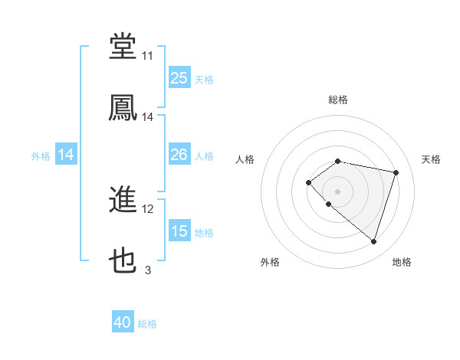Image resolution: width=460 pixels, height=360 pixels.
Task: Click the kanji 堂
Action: click(x=123, y=47)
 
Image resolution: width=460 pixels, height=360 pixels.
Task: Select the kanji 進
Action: click(x=123, y=201)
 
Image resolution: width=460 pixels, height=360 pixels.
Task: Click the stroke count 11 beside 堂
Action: click(x=147, y=56)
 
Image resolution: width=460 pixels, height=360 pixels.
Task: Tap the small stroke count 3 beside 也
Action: click(x=147, y=270)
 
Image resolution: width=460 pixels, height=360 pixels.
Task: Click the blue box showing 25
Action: click(x=179, y=77)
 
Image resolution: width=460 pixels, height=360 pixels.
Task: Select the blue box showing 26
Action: click(x=179, y=155)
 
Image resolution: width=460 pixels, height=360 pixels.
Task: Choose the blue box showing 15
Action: click(x=179, y=231)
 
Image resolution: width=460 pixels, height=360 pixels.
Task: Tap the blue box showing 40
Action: click(x=123, y=322)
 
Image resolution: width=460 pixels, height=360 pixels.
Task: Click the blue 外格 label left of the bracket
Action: click(x=41, y=155)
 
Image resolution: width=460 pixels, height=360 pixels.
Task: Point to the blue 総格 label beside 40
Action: click(x=147, y=324)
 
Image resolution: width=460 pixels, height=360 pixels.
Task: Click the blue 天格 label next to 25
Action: click(x=204, y=79)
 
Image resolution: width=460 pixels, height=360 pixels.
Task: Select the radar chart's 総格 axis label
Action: click(x=338, y=100)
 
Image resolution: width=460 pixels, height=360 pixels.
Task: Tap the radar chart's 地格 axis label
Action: click(x=402, y=262)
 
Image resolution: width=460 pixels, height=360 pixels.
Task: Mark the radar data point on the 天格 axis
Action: click(x=396, y=172)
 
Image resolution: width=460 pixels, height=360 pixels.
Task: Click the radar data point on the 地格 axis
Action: click(x=373, y=242)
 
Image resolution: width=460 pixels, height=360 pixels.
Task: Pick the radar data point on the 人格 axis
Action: click(x=308, y=182)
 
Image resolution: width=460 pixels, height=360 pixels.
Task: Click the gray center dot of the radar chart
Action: click(x=338, y=191)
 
